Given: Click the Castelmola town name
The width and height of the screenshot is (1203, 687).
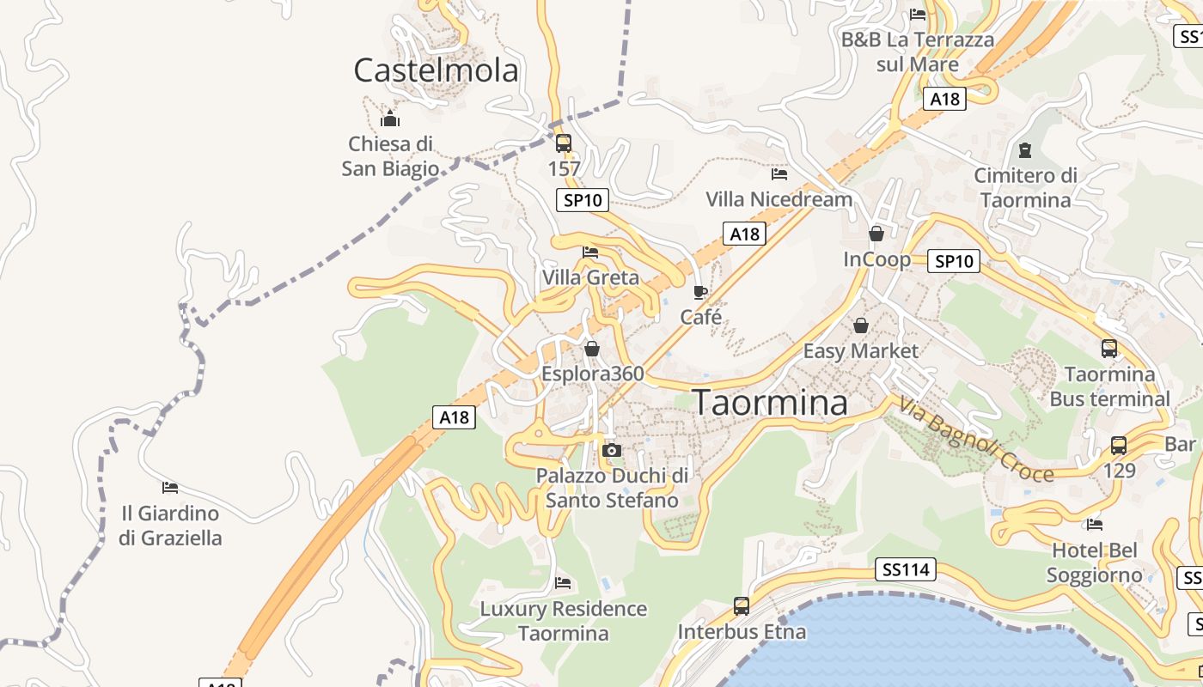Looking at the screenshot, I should [x=436, y=70].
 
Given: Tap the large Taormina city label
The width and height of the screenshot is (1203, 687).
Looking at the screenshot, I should [x=770, y=403].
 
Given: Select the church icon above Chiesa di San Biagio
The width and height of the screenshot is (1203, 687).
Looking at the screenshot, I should [x=390, y=119].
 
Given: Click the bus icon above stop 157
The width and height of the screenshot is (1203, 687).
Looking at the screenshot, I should [x=564, y=143].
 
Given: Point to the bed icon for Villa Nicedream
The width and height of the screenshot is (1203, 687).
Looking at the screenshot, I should [x=779, y=174].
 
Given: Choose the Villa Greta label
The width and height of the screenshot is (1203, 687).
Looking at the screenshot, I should [x=590, y=277].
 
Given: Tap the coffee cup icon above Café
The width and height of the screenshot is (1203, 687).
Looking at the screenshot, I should [x=700, y=292].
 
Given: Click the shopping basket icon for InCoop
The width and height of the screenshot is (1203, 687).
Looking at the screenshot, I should [x=876, y=234].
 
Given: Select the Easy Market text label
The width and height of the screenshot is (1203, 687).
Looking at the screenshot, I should [x=860, y=350].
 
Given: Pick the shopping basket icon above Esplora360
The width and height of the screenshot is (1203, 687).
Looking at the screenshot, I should [x=592, y=349].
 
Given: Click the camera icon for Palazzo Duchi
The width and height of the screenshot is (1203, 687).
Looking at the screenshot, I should [x=612, y=450].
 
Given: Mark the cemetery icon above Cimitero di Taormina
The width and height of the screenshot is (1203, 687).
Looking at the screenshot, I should [x=1024, y=151].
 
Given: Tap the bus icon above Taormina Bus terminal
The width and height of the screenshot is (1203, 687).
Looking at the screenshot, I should [x=1109, y=349].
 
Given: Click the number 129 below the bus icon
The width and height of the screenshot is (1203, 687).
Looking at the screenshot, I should [x=1119, y=471].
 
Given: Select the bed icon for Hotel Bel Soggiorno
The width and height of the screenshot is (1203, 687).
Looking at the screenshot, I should [x=1095, y=524].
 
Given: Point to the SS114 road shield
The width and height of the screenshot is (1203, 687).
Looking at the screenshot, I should [x=906, y=569].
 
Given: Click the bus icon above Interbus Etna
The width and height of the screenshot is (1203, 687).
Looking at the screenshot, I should [x=742, y=606].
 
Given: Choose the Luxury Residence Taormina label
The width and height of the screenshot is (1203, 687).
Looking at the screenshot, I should [x=563, y=621].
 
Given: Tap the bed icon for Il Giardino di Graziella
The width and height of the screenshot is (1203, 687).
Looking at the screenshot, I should [x=170, y=488].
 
